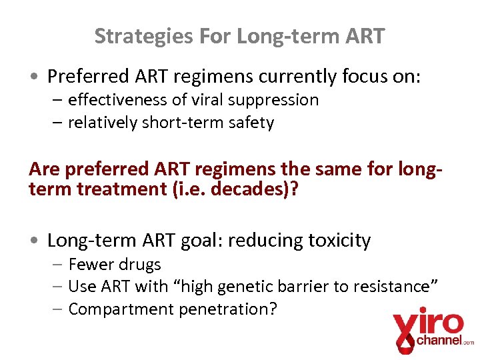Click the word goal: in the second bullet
click(x=197, y=240)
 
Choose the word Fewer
click(x=91, y=265)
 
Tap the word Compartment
click(x=117, y=309)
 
